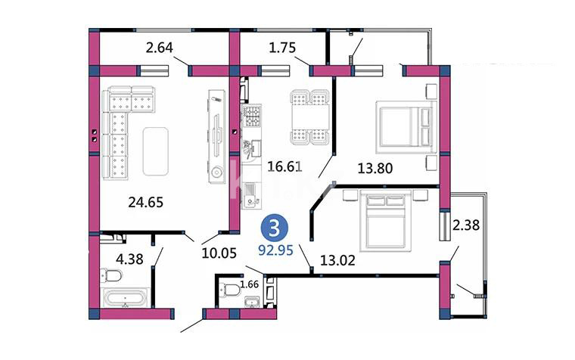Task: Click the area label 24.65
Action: (x=145, y=202)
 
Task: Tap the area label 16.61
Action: (x=285, y=167)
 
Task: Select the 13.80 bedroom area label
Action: (x=375, y=168)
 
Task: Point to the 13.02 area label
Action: (x=337, y=260)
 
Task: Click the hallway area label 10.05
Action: (x=219, y=253)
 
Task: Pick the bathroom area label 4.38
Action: (x=129, y=259)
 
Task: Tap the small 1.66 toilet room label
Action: (x=250, y=284)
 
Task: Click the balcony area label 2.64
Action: (x=159, y=48)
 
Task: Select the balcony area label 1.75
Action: (x=282, y=48)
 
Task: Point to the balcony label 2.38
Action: (x=466, y=225)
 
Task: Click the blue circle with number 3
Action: (x=275, y=228)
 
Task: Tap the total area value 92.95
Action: (x=275, y=250)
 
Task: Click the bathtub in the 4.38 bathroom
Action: (x=126, y=298)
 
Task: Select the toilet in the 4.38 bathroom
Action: (x=111, y=275)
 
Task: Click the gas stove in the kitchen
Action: (x=252, y=115)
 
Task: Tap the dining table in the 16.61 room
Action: (x=310, y=117)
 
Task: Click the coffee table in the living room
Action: (x=156, y=151)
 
